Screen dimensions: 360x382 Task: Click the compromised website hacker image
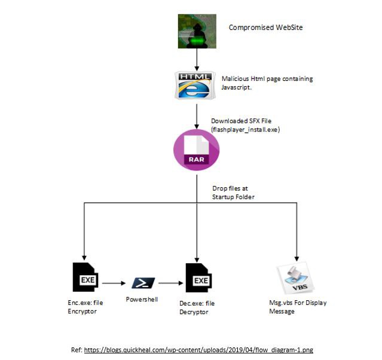coord(195,32)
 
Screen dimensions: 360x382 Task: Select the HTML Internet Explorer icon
coord(195,84)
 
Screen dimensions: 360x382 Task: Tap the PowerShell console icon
coord(143,282)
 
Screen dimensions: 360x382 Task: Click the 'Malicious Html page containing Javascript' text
coord(267,83)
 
